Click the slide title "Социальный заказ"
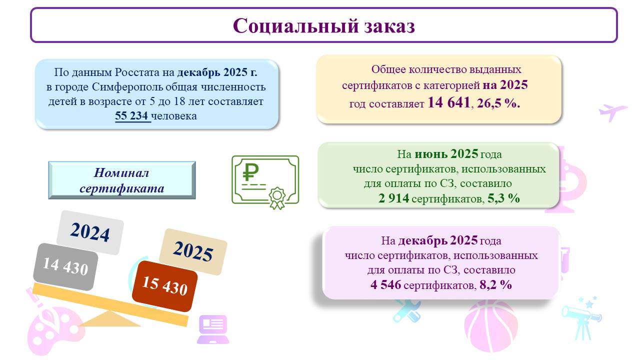coord(323,25)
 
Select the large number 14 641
coord(449,102)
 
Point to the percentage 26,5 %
coord(498,103)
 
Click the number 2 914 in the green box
coord(393,198)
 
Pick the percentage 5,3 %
coord(503,198)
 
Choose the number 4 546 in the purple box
coord(385,284)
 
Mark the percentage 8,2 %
coord(495,284)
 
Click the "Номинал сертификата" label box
coord(122,180)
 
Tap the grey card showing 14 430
coord(65,267)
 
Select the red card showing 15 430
coord(164,286)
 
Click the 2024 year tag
coord(90,232)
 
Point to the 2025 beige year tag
coord(193,251)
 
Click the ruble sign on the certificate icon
coord(250,172)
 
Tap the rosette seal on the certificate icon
coord(277,197)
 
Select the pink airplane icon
coord(612,112)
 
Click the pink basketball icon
coord(491,325)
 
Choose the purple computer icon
coord(213,329)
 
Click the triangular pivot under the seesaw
coord(109,319)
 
